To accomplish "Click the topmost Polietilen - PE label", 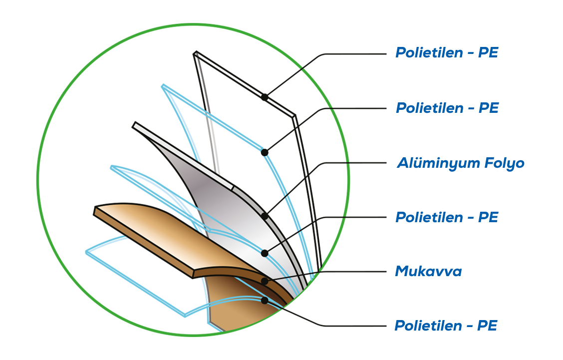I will coord(446,52).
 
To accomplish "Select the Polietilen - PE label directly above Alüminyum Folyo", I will coord(447,108).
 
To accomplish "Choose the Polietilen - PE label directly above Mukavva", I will coord(446,217).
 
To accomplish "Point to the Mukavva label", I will coord(428,272).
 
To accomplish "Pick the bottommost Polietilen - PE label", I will coord(446,326).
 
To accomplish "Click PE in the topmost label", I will coord(488,52).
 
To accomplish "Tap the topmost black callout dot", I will coord(265,216).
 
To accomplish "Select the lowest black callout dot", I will coord(265,301).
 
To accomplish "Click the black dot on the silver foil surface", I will coord(265,253).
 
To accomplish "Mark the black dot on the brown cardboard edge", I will coord(265,282).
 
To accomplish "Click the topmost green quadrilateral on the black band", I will coord(320,87).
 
